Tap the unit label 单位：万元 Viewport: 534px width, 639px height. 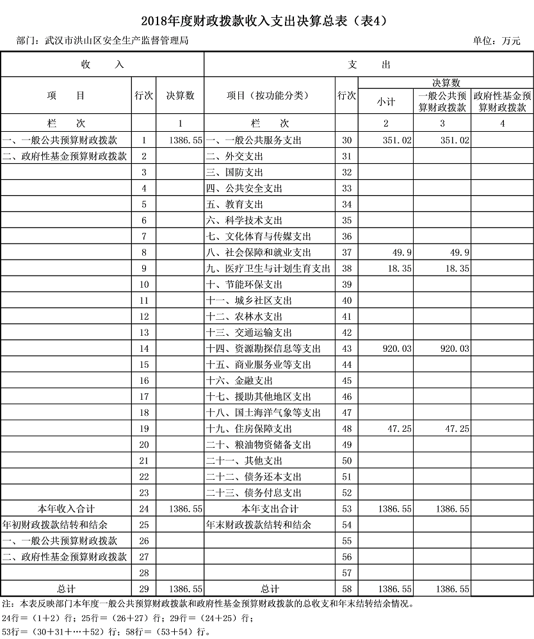click(x=496, y=41)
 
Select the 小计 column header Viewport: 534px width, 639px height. click(x=385, y=102)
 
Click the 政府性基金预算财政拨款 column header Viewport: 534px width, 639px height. click(x=503, y=102)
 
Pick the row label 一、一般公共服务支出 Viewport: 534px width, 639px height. click(x=254, y=140)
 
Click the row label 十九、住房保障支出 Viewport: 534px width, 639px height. click(x=249, y=429)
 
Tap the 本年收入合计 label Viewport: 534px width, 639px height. click(x=66, y=509)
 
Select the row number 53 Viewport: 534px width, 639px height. click(x=347, y=509)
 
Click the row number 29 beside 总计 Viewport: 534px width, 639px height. click(x=144, y=589)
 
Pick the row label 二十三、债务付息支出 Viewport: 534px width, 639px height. click(x=254, y=493)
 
